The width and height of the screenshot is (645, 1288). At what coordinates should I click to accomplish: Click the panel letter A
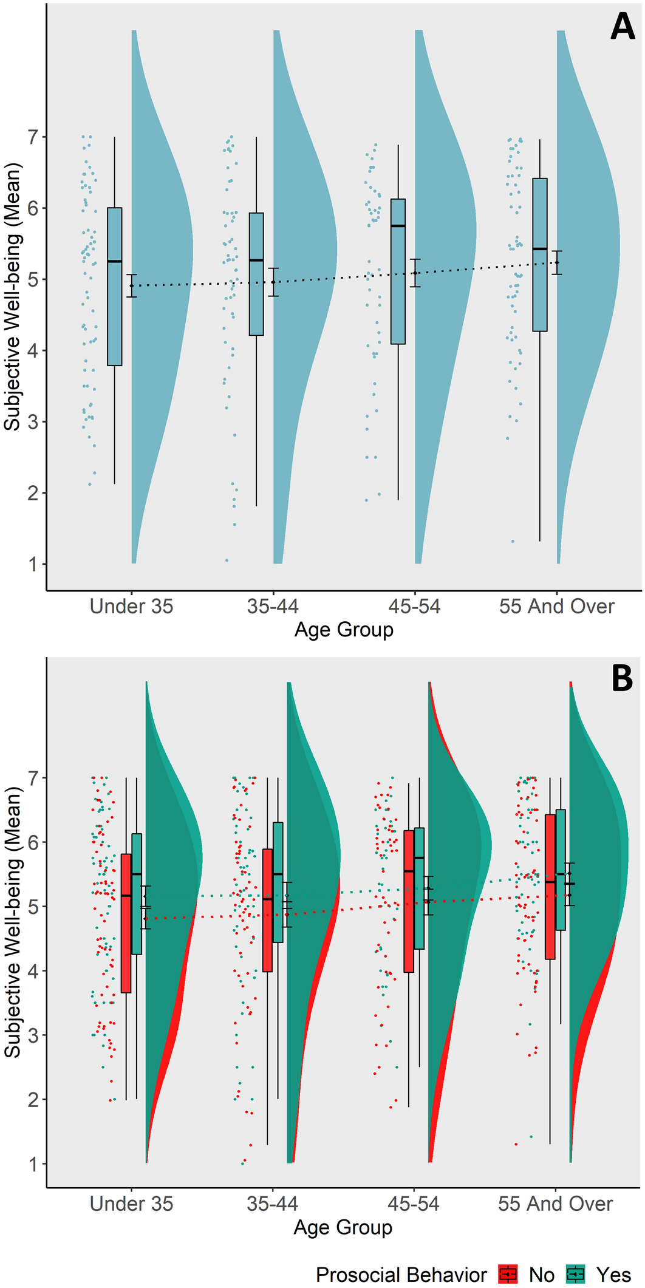622,27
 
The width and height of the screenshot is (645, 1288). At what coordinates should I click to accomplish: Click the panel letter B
622,679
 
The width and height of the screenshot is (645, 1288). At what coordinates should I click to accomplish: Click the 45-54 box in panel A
398,271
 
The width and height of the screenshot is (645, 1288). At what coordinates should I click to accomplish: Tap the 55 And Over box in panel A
540,255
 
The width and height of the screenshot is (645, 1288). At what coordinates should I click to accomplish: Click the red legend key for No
508,1274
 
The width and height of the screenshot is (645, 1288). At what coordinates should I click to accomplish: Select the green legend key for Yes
575,1274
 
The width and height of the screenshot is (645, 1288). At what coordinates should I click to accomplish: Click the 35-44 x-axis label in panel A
273,606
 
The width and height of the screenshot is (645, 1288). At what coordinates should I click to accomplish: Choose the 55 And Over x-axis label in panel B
555,1204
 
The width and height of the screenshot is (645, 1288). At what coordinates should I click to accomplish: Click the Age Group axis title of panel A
344,630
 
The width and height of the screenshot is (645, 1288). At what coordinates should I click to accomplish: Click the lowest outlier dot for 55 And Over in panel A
513,541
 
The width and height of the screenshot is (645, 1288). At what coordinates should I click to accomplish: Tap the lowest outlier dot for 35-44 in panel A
227,560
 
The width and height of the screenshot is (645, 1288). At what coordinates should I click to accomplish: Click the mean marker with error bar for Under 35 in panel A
131,285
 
